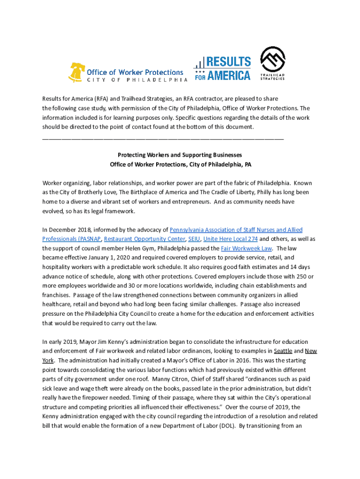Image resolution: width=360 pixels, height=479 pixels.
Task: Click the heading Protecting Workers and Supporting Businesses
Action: (x=180, y=155)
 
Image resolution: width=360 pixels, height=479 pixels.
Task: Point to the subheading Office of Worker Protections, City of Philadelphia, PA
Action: (x=180, y=164)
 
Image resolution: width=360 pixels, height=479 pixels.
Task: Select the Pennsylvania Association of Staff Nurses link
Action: (x=236, y=230)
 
